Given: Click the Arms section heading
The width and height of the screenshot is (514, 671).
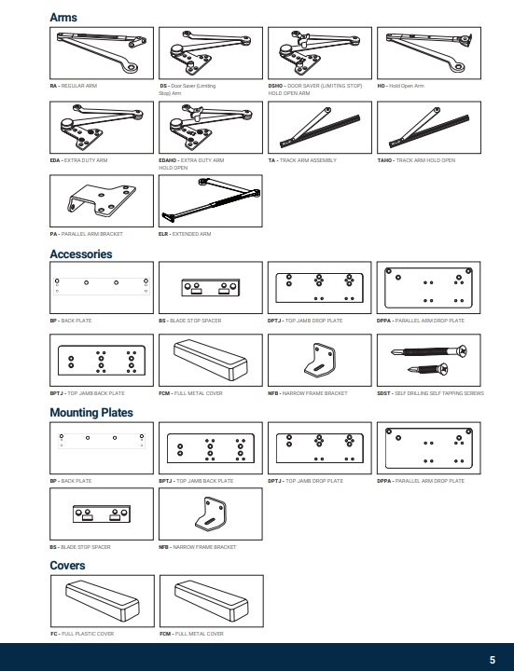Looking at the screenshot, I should (x=63, y=18).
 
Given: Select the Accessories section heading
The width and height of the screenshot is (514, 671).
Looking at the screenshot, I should (x=81, y=254).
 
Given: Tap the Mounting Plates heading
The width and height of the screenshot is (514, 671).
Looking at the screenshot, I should (x=90, y=411).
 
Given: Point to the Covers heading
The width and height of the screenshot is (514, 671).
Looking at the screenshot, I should (x=67, y=566).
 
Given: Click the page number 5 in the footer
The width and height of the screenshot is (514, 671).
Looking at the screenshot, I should (x=493, y=659).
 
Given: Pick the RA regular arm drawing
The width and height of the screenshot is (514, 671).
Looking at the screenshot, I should (x=100, y=53).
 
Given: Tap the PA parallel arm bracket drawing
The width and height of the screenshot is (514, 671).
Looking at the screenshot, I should (x=100, y=199).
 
